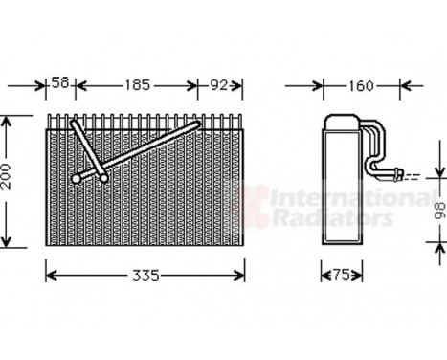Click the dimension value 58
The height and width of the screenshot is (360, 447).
[60, 85]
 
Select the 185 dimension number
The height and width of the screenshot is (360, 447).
[138, 85]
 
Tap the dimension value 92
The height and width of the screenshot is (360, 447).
[220, 85]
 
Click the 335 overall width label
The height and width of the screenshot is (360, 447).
[144, 276]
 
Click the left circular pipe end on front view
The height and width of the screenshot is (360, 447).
[78, 178]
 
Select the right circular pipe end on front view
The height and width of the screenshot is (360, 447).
[103, 176]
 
